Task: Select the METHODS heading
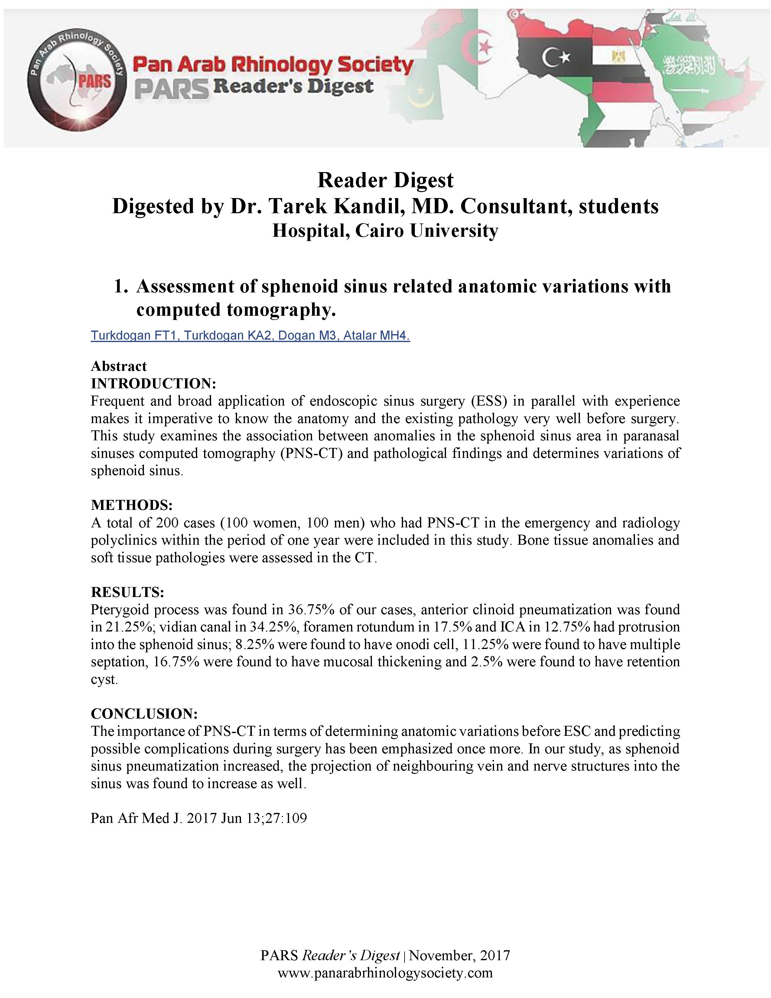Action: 132,505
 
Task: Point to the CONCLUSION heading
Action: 144,713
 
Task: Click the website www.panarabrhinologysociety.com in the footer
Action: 385,972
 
